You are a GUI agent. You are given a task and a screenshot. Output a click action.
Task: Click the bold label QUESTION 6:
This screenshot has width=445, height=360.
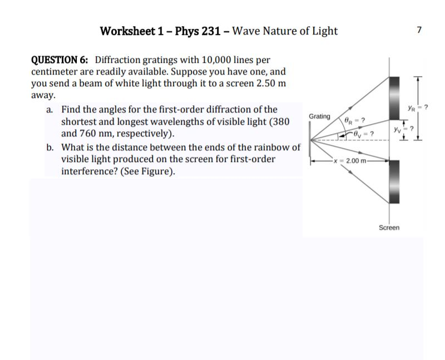61,60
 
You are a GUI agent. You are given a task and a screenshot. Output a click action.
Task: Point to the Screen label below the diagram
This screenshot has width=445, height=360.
389,228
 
